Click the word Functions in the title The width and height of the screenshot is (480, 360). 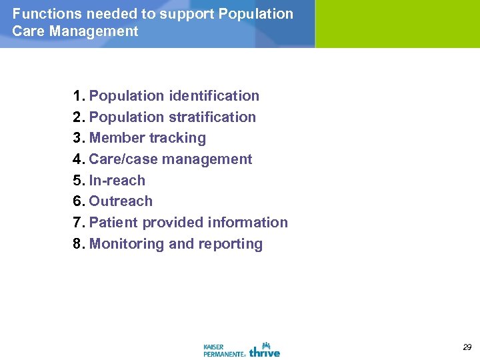point(43,14)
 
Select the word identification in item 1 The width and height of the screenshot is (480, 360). point(214,96)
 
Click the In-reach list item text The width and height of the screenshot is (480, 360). point(117,181)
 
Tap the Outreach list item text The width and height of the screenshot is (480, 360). point(121,201)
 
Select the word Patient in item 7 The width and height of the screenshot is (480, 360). point(111,223)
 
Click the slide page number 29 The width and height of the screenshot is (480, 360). point(467,347)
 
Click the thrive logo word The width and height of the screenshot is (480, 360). point(265,351)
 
